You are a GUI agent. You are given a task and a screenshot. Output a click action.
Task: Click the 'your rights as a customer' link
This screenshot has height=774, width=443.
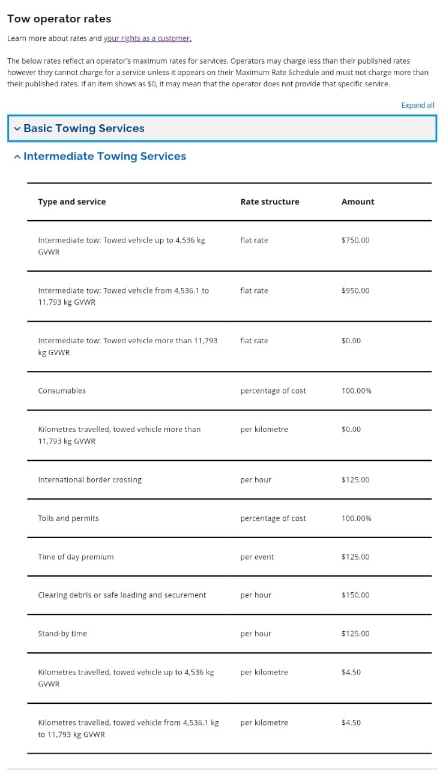[x=147, y=38]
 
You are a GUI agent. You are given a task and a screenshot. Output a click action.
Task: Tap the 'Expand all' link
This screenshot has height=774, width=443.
[x=417, y=105]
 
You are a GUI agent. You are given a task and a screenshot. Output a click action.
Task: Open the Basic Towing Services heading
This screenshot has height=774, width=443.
[x=84, y=128]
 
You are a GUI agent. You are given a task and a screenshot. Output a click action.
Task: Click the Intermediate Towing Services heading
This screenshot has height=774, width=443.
[x=104, y=156]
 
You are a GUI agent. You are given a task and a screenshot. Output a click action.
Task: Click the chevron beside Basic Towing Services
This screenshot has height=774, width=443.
[x=17, y=128]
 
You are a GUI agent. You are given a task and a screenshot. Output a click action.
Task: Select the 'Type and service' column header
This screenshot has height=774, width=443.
[x=71, y=202]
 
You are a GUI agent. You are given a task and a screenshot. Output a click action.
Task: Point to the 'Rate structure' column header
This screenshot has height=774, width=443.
[x=270, y=202]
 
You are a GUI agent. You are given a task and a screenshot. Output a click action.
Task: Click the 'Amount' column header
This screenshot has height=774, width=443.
[x=357, y=202]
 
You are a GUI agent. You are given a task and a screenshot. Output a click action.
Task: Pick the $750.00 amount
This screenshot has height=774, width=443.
[x=355, y=240]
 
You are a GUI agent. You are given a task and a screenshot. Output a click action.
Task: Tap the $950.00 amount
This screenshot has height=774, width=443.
[x=355, y=290]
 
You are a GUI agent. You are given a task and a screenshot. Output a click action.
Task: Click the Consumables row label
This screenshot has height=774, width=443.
[x=62, y=391]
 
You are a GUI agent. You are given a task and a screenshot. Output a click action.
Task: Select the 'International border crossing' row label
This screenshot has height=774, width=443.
[x=89, y=480]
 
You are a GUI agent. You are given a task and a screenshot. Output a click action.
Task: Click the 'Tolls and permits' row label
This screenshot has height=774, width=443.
[x=68, y=518]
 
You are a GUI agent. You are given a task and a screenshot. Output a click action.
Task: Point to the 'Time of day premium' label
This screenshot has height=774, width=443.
[x=76, y=557]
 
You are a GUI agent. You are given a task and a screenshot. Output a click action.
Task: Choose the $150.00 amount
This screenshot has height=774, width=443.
[x=355, y=595]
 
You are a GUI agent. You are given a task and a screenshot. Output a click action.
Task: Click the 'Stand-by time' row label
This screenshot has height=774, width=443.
[x=62, y=634]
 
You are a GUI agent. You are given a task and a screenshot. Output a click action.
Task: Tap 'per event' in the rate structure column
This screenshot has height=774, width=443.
[x=257, y=557]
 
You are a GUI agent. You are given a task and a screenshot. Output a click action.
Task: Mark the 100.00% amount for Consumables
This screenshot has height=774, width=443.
[x=356, y=391]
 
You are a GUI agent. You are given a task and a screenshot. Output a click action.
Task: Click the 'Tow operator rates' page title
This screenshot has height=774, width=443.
[x=59, y=19]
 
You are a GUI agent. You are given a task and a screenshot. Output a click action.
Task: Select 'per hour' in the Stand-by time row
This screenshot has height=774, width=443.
[x=256, y=634]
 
